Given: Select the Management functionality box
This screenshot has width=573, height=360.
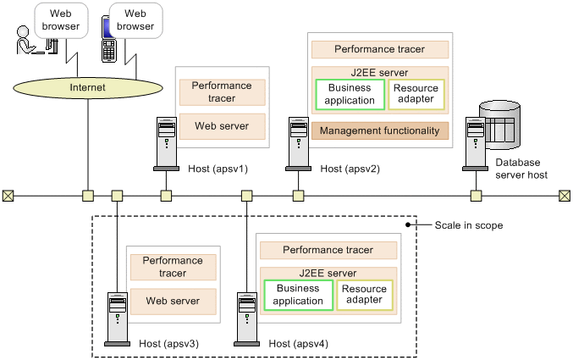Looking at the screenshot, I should click(380, 130).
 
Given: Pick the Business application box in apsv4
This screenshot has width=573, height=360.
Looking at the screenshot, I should click(299, 294).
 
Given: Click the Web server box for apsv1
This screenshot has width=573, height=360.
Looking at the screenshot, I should click(223, 125).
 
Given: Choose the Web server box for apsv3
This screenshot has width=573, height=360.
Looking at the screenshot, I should click(174, 301).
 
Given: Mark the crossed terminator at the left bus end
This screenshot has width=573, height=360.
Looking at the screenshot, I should click(8, 197).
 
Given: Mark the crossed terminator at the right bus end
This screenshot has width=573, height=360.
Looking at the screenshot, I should click(565, 197).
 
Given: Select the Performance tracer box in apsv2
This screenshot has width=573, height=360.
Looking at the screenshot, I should click(380, 50).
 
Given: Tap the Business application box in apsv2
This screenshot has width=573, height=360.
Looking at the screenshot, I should click(350, 94).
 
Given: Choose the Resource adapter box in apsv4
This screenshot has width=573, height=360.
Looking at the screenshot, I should click(365, 294).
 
